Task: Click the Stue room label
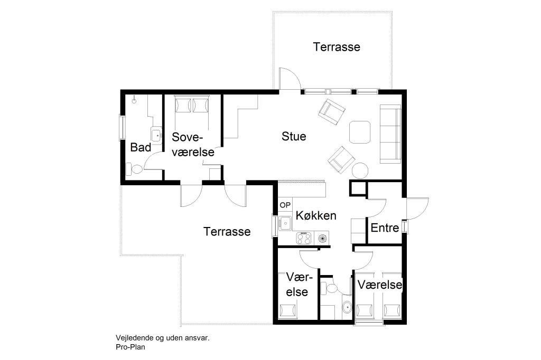(294, 136)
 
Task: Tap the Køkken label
(316, 215)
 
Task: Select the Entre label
(385, 228)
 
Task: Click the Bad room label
(141, 148)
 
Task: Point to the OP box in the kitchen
(285, 205)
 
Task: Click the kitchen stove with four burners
(304, 238)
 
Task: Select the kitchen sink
(285, 223)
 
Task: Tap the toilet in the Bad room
(134, 169)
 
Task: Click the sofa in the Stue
(390, 134)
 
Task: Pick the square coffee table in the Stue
(360, 132)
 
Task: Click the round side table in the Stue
(360, 170)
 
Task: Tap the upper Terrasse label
(337, 47)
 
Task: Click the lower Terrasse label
(227, 231)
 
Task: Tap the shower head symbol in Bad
(134, 101)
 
